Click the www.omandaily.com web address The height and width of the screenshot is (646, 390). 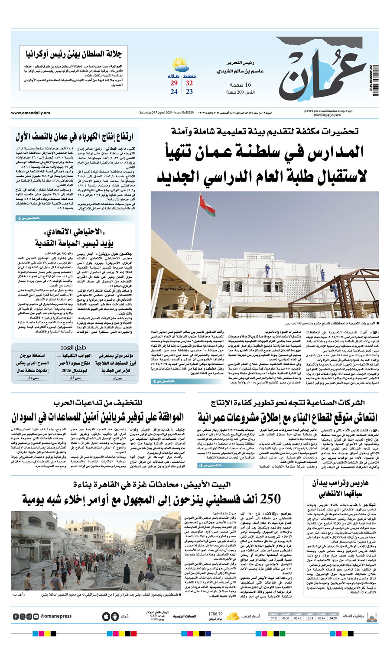(x=30, y=113)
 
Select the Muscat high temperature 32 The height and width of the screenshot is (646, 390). (x=189, y=83)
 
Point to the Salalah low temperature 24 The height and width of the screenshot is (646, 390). (x=174, y=91)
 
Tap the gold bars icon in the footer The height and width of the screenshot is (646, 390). (x=233, y=616)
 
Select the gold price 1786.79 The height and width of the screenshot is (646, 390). (x=215, y=614)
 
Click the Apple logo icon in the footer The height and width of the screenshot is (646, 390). (x=106, y=616)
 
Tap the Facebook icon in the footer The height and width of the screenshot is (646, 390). (x=16, y=616)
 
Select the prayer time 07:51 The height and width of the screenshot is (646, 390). (x=274, y=618)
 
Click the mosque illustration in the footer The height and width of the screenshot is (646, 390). (x=371, y=616)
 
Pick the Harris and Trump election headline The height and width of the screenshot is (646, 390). (x=343, y=488)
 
